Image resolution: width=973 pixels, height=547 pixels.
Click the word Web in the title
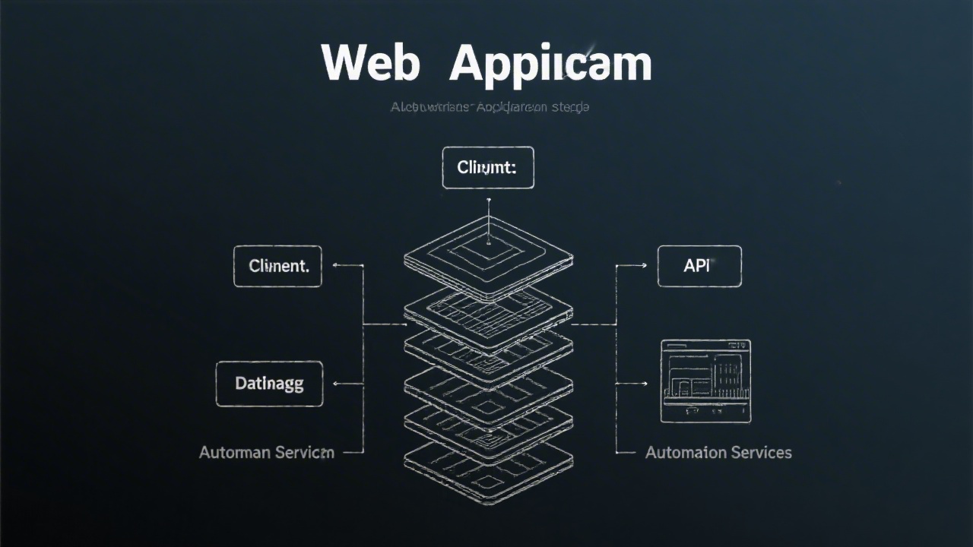[370, 62]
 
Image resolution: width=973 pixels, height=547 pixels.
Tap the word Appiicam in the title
[550, 64]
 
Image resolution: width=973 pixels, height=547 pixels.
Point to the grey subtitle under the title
[490, 107]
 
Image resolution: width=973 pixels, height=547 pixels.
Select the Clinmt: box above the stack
[488, 167]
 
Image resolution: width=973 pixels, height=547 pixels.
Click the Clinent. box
[277, 266]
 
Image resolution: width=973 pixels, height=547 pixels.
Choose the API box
[699, 266]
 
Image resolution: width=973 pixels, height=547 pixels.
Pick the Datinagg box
[269, 384]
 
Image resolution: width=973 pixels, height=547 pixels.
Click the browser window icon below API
[705, 381]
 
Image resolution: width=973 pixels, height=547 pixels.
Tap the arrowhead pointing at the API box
[643, 266]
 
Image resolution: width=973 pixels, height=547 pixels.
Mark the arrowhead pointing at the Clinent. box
[337, 266]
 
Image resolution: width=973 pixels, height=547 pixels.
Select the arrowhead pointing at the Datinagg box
[337, 384]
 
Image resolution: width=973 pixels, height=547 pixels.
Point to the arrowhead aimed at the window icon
[643, 384]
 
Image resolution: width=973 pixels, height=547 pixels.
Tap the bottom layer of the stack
[488, 467]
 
